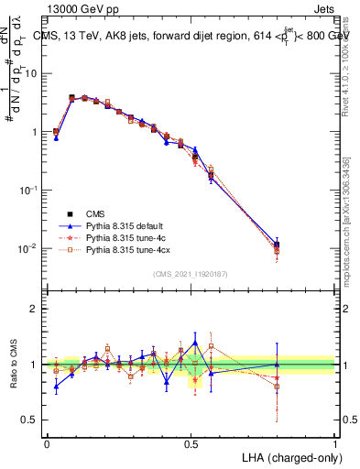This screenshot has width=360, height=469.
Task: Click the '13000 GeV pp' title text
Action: click(x=80, y=7)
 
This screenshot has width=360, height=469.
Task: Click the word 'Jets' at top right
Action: click(x=322, y=7)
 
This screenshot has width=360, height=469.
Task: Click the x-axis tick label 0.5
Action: click(x=191, y=442)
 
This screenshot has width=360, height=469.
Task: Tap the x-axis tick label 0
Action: click(x=47, y=442)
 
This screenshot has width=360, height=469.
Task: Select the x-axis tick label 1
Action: click(x=334, y=442)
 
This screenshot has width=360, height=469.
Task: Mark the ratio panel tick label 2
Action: click(x=35, y=309)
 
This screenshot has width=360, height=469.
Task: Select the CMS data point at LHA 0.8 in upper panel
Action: click(x=277, y=245)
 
